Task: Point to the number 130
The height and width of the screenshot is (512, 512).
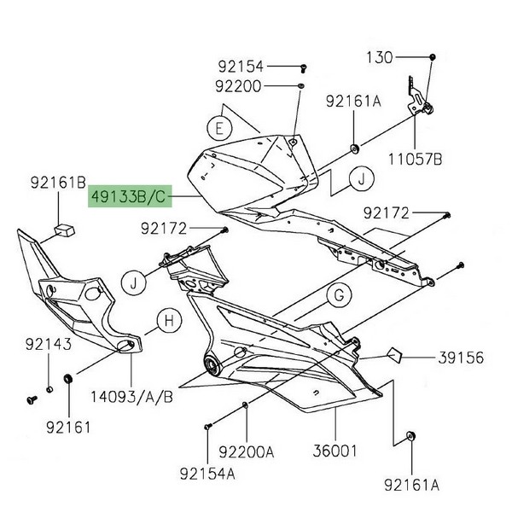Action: point(380,58)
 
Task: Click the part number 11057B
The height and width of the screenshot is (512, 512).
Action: point(415,158)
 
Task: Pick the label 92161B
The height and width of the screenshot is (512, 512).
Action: point(58,182)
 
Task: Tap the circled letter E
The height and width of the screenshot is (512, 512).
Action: point(219,130)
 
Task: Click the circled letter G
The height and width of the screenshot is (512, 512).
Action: point(338,296)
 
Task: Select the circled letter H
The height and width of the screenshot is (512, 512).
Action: point(169,322)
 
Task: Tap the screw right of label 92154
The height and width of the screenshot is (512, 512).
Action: point(303,66)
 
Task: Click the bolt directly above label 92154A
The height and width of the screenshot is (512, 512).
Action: point(207,423)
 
